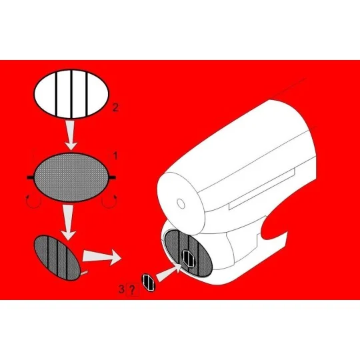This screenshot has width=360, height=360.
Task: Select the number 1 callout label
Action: tap(115, 155)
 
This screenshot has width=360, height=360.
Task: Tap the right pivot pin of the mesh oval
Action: tap(117, 177)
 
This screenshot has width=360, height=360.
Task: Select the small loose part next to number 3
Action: tap(149, 282)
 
